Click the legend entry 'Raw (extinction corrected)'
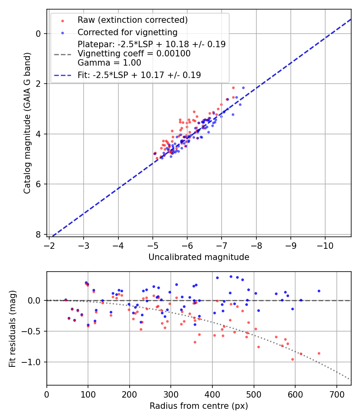(132, 20)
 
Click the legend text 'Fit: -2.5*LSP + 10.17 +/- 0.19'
(139, 75)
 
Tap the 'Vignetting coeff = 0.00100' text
(134, 53)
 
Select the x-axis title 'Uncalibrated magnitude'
(199, 257)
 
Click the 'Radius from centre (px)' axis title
(199, 406)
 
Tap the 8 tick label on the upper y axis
(38, 234)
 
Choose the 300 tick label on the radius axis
(171, 394)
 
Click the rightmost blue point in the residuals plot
(319, 291)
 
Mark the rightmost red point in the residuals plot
(319, 353)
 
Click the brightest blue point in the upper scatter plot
(243, 88)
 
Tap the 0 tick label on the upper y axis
(38, 33)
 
